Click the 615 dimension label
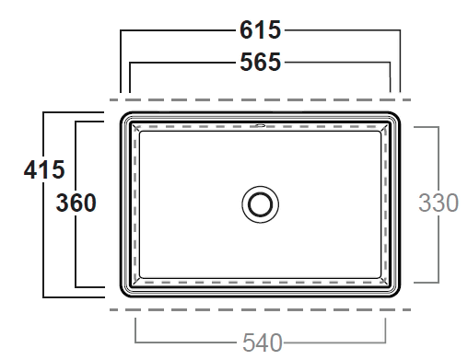pyautogui.click(x=260, y=29)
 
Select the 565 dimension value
pyautogui.click(x=260, y=62)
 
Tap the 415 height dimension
pyautogui.click(x=44, y=169)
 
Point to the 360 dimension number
pyautogui.click(x=76, y=203)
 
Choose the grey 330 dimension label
pyautogui.click(x=439, y=203)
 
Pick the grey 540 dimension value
pyautogui.click(x=263, y=343)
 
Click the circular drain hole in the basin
pyautogui.click(x=260, y=204)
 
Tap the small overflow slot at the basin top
pyautogui.click(x=260, y=125)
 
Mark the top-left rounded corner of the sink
pyautogui.click(x=124, y=116)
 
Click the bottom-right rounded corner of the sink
pyautogui.click(x=396, y=293)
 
